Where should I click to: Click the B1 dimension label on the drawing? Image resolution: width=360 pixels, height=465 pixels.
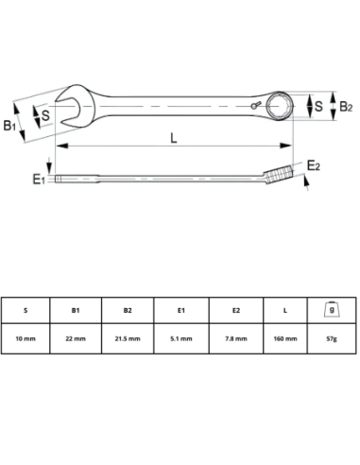tap(9, 126)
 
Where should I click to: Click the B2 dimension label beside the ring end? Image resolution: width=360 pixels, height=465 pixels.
tap(346, 107)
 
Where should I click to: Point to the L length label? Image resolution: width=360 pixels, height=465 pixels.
tap(174, 138)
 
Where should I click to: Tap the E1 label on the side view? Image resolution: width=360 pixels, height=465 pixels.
tap(39, 180)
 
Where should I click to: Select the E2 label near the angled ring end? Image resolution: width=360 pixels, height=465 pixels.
tap(314, 165)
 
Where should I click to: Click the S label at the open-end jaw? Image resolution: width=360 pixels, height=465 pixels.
tap(45, 115)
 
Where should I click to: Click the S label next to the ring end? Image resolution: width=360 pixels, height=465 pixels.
tap(318, 106)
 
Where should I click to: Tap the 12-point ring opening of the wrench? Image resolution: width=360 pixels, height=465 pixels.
tap(279, 106)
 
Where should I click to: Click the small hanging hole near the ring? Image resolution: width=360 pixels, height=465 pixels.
tap(254, 106)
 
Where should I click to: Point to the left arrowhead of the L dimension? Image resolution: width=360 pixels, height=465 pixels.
tap(62, 146)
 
